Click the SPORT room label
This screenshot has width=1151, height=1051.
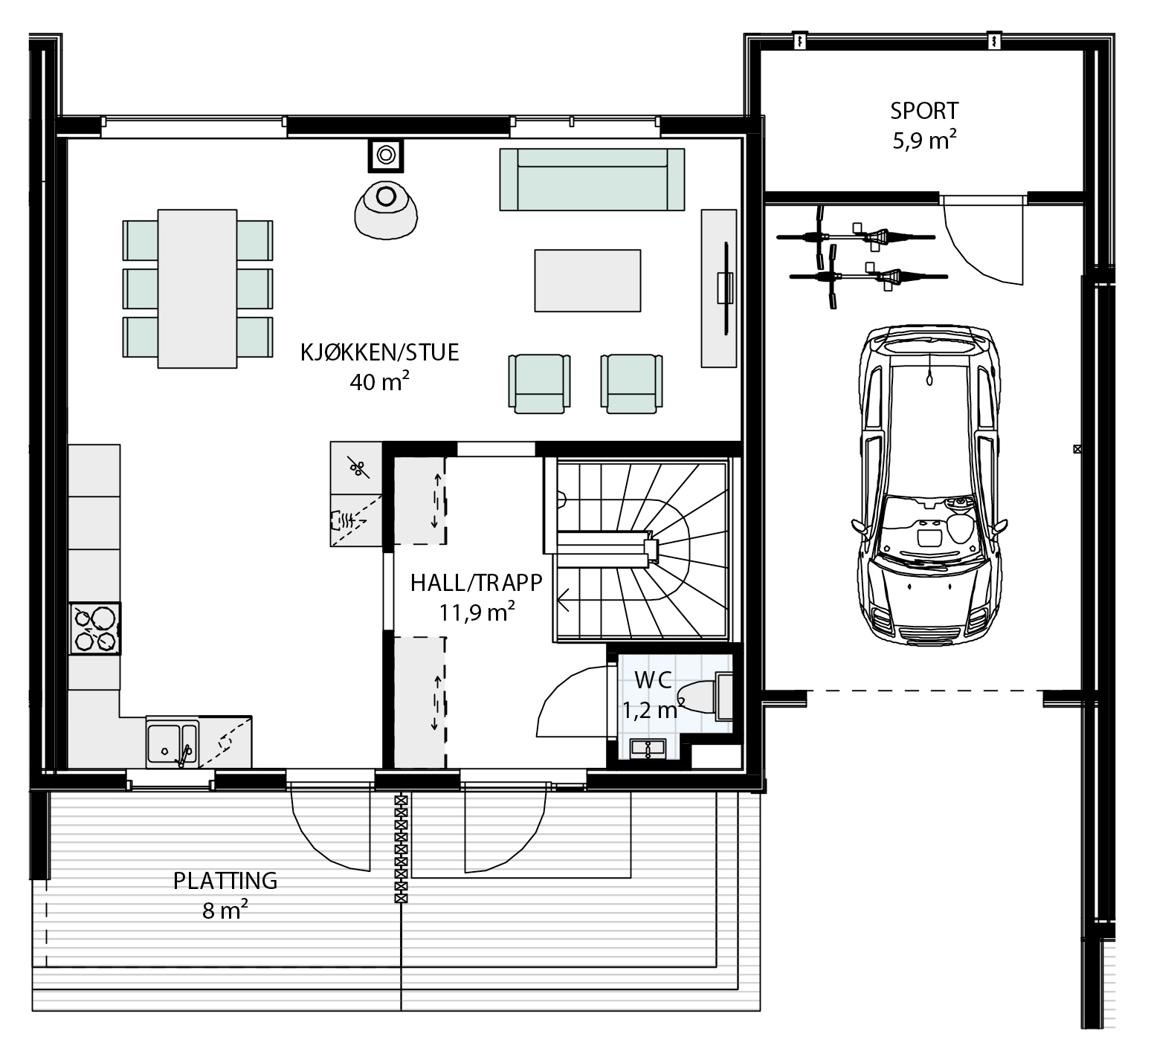[924, 111]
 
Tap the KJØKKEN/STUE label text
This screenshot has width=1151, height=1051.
[380, 352]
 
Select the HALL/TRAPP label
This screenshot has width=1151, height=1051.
[477, 582]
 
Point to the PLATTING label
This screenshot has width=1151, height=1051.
[225, 881]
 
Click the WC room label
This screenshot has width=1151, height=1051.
[654, 679]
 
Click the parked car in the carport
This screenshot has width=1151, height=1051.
[929, 485]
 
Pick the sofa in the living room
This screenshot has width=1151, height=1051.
[592, 179]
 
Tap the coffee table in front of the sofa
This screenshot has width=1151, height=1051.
[587, 280]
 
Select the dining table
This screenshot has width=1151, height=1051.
[197, 288]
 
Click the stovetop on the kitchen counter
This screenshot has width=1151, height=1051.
[95, 629]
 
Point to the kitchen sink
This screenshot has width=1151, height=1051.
[173, 742]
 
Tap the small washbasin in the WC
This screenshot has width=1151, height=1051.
[649, 748]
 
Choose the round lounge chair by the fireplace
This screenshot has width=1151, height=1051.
[386, 207]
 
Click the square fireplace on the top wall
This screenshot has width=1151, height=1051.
[386, 155]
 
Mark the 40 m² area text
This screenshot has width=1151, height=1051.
[380, 381]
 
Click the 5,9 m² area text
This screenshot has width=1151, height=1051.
[924, 140]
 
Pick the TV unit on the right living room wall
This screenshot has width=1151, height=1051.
[720, 288]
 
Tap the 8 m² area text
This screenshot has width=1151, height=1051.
[225, 910]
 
